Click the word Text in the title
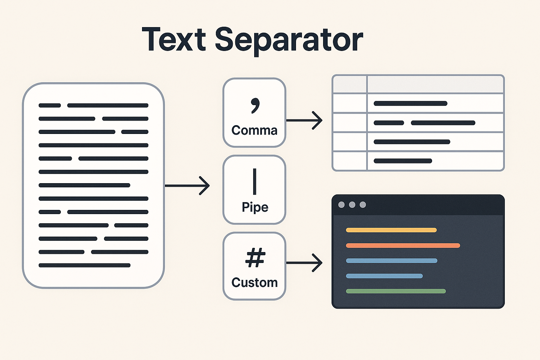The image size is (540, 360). (x=174, y=39)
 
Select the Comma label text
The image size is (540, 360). (x=255, y=130)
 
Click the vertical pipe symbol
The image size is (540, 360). (x=255, y=181)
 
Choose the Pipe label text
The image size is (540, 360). (x=255, y=207)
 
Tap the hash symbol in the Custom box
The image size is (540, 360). (x=255, y=258)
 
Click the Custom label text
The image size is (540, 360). (x=255, y=283)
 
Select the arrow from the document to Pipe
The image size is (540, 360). (x=187, y=185)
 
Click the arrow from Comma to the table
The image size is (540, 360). (x=304, y=120)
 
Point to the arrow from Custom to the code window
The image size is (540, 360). (x=304, y=263)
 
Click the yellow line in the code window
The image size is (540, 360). (x=391, y=230)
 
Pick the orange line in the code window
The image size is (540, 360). (x=403, y=245)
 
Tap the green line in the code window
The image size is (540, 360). (x=396, y=291)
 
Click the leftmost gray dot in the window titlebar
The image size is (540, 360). (x=341, y=205)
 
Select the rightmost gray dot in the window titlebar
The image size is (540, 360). (x=363, y=205)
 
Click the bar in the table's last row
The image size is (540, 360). (x=403, y=161)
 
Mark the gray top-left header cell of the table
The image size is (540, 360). (x=350, y=84)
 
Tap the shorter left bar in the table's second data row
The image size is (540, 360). (x=389, y=123)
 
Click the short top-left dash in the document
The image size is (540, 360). (x=50, y=105)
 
